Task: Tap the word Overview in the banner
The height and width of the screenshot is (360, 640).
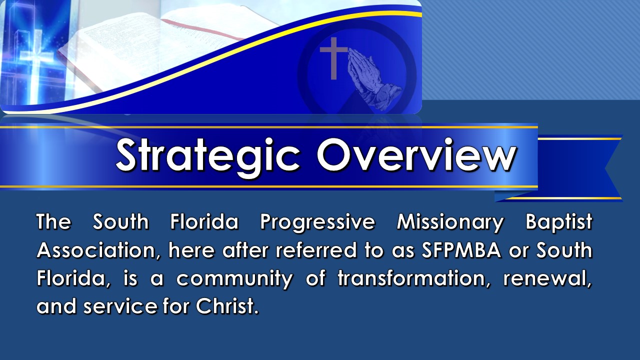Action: coord(416,155)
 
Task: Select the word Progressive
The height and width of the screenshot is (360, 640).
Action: coord(317,223)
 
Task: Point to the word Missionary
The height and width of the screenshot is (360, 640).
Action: coord(450,223)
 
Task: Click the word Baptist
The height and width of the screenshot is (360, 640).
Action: coord(559,223)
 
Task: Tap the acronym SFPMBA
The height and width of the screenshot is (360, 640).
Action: coord(461,250)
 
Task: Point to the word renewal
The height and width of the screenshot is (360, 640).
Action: coord(547,278)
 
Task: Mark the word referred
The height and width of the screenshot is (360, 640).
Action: coord(316,250)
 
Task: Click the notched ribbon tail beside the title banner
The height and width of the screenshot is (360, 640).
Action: coord(580,168)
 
